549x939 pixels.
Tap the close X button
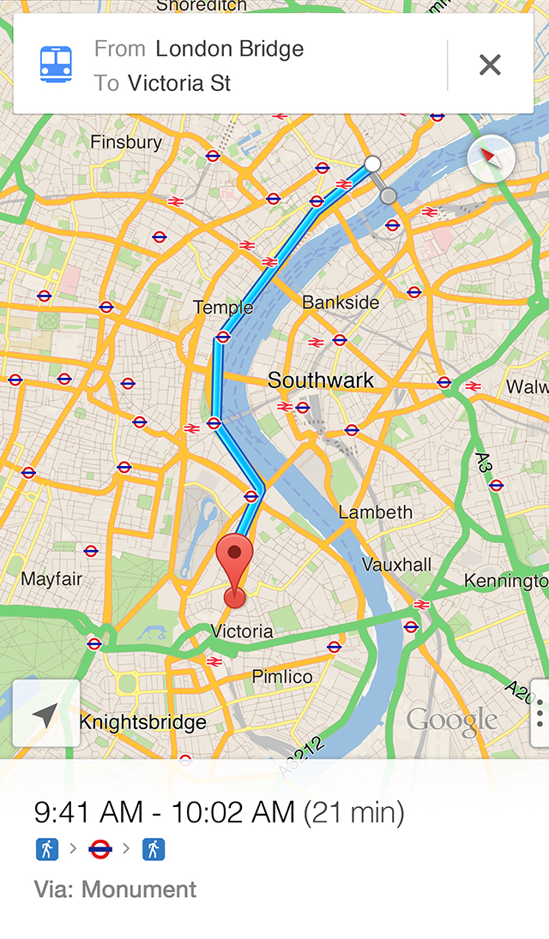(x=490, y=65)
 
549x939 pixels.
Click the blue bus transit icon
(x=56, y=64)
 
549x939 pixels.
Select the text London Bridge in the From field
(x=229, y=49)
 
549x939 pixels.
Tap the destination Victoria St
(x=178, y=83)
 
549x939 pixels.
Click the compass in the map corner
(x=491, y=158)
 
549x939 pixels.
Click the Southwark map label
(x=321, y=380)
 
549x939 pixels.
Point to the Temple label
(x=223, y=307)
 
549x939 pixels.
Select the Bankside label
(x=341, y=302)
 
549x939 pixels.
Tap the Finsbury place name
(x=126, y=142)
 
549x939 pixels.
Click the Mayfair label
(x=51, y=579)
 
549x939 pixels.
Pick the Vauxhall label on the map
(x=396, y=565)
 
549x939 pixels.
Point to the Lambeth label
(x=376, y=512)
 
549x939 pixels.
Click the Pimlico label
(x=282, y=677)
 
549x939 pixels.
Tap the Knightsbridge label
(x=142, y=722)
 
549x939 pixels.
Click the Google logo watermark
(x=452, y=721)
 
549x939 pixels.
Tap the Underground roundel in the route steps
(x=100, y=849)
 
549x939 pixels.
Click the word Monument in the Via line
(x=139, y=889)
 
